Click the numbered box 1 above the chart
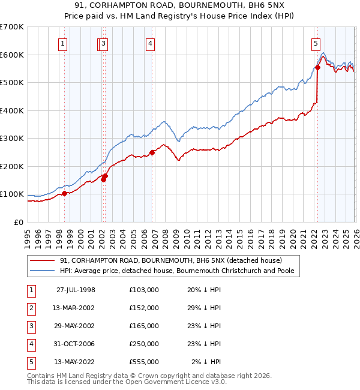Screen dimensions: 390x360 point(63,43)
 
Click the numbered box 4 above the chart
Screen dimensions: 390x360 point(150,43)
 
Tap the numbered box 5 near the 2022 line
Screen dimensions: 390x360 point(315,43)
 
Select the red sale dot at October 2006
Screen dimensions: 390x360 point(152,152)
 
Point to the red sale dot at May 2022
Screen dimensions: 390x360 point(317,68)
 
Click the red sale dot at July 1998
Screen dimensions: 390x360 point(65,193)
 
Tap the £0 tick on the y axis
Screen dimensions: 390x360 point(18,222)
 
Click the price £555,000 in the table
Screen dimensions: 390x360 point(144,362)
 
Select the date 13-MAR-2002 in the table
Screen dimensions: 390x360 point(76,308)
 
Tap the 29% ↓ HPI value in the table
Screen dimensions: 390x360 point(204,308)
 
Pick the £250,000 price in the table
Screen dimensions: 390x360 point(144,344)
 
